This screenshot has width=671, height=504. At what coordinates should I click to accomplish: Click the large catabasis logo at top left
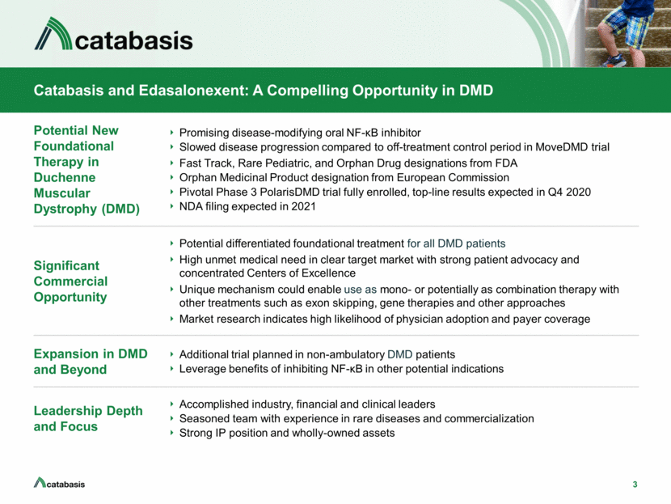pos(113,34)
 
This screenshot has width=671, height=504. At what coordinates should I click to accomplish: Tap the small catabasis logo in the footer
pos(59,483)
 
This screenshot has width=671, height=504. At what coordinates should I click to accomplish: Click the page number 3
pos(635,485)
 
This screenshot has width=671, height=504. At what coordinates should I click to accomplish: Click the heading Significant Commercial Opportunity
pos(70,282)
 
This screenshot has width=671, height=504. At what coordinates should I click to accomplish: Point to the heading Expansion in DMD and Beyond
pos(91,362)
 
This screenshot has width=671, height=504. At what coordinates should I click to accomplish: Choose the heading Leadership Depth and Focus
pos(88,418)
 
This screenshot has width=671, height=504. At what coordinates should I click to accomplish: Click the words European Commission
pos(453,177)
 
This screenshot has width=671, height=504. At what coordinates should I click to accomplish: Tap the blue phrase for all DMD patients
pos(456,244)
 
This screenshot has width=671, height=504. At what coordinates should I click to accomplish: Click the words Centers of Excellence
pos(302,273)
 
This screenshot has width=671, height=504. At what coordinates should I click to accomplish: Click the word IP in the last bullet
pos(220,433)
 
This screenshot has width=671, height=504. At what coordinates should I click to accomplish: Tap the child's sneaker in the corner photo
pos(613,61)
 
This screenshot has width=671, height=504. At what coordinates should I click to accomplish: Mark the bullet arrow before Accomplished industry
pos(171,404)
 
